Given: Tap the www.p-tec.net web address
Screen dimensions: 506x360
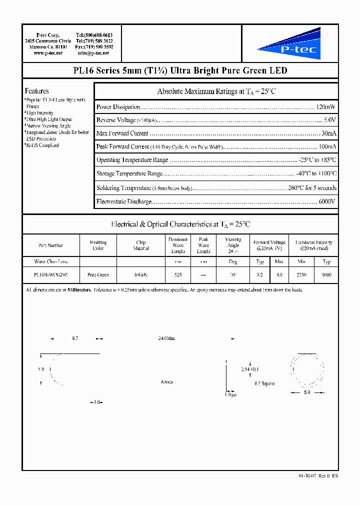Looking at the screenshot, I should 48,53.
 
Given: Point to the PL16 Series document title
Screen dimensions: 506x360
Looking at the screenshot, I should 180,70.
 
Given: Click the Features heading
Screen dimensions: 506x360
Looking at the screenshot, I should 37,91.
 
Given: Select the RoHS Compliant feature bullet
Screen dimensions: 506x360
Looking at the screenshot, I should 42,145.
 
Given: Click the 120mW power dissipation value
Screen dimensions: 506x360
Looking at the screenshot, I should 326,107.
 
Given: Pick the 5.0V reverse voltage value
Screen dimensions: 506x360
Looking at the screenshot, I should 329,120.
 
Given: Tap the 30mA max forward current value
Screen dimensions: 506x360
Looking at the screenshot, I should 328,133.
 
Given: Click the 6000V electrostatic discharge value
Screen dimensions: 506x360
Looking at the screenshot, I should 327,201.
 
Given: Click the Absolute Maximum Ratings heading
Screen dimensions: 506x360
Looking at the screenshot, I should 216,91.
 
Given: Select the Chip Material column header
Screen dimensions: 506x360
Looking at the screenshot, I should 141,245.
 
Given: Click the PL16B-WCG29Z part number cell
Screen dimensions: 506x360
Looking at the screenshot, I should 50,275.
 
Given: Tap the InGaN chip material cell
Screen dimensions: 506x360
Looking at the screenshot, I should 141,275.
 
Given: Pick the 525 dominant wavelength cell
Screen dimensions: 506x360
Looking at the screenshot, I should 178,275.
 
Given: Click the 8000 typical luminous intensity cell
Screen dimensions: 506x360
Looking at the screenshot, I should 326,275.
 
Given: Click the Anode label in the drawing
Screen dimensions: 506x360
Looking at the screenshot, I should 166,382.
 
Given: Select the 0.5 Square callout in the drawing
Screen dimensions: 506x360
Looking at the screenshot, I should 264,384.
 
